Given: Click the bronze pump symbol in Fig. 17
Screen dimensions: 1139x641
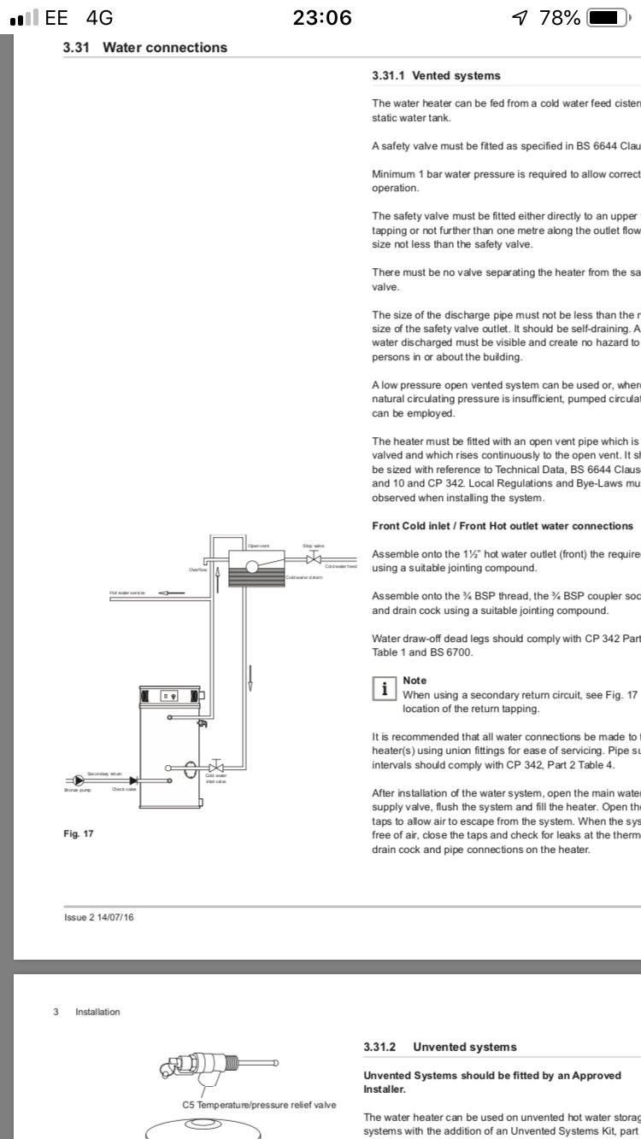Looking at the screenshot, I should click(79, 780).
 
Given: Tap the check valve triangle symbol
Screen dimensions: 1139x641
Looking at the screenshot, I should click(133, 780).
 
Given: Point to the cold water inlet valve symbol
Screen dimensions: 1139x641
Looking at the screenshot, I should click(215, 766).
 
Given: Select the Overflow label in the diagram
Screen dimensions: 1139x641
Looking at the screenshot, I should click(198, 569).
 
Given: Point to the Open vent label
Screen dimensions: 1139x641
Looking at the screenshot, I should click(258, 546).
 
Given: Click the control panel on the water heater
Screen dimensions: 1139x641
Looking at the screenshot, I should click(170, 697).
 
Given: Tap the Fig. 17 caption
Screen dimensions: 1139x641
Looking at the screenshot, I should click(78, 833).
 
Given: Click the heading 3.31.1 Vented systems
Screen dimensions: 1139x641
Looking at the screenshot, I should click(436, 76).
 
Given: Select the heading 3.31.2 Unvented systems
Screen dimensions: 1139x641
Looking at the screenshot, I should click(439, 1047).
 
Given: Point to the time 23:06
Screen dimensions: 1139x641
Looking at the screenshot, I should click(322, 17).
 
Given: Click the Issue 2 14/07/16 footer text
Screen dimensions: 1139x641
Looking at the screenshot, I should click(99, 918).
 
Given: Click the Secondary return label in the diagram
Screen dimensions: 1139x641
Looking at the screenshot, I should click(104, 774).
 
